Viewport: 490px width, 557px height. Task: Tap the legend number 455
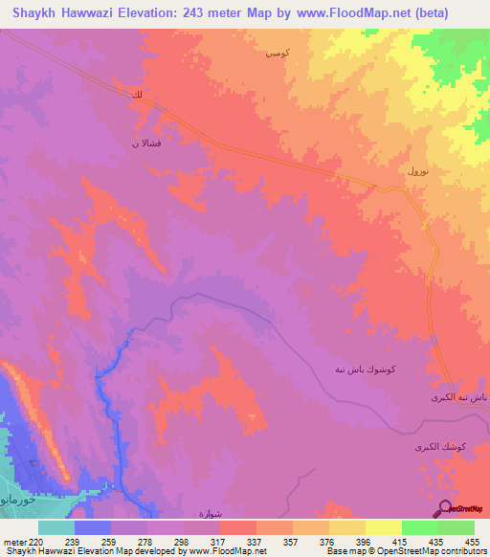point(473,541)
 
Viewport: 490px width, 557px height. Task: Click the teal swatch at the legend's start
point(56,527)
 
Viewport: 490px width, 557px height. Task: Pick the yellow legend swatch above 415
point(384,527)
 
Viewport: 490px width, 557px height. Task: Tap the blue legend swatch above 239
point(93,527)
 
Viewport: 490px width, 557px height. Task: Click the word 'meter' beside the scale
point(13,541)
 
